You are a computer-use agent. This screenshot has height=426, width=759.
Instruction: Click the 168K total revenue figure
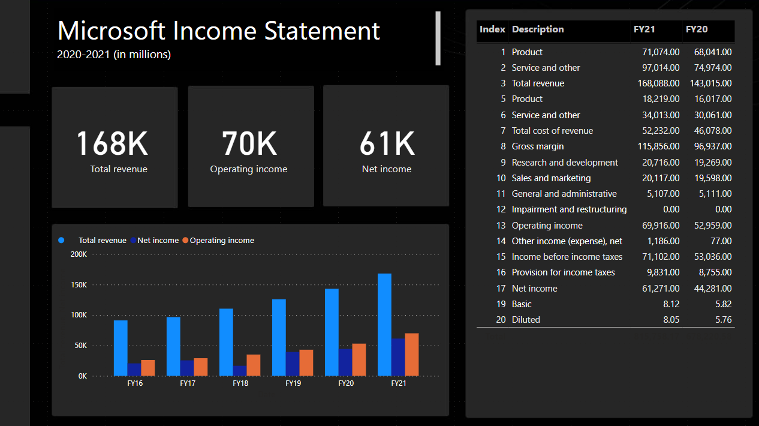112,143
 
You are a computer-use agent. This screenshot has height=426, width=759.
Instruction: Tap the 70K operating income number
249,143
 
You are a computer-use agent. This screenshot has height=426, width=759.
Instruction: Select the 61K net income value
387,143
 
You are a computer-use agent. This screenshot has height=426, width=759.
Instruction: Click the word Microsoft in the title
111,31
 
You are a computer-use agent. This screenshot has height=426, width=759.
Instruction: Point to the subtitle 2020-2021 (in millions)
114,55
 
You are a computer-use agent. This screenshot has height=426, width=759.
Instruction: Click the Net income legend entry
158,241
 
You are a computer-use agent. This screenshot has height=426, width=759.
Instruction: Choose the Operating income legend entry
222,241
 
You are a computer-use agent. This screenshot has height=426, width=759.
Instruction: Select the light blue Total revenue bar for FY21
384,324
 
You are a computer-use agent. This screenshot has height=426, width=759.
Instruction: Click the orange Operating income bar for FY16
147,368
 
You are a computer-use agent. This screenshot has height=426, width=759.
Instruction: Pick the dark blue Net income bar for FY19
293,364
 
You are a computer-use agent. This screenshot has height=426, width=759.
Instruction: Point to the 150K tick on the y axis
79,285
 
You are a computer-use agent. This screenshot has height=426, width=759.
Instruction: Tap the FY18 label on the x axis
240,383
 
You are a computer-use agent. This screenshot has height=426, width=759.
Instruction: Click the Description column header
538,29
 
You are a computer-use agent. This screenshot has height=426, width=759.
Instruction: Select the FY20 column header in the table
696,29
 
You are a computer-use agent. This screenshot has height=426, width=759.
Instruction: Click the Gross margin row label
537,146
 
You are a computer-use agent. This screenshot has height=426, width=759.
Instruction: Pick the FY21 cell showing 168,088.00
658,83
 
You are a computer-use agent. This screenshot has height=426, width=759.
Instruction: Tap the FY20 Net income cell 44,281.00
710,289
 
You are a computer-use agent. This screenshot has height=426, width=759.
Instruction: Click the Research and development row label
565,163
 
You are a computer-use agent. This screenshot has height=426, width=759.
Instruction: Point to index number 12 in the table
501,209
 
